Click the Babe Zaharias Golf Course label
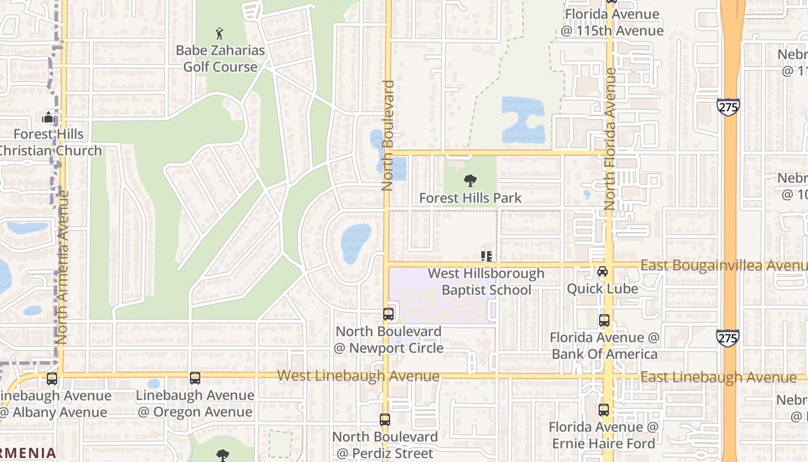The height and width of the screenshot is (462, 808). (220, 58)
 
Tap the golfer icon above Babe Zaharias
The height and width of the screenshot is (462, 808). (219, 33)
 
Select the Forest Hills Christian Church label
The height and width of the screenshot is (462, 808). (49, 142)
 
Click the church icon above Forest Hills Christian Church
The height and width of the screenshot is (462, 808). (48, 118)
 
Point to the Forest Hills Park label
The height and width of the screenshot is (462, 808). (470, 198)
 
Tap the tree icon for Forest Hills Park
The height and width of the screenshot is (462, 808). (470, 181)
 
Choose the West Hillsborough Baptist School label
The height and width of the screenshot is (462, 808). (486, 281)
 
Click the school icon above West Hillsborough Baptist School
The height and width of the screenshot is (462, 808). (486, 255)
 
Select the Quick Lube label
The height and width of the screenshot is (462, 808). (603, 289)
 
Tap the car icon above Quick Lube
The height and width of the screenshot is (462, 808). (603, 271)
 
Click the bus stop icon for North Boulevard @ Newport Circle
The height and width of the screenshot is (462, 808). (388, 314)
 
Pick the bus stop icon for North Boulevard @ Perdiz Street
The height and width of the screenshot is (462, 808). (385, 420)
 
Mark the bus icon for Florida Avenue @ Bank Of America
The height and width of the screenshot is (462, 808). (604, 320)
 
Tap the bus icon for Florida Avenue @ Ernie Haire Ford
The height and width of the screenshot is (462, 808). (604, 410)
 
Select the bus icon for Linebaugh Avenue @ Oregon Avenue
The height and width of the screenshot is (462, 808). (195, 378)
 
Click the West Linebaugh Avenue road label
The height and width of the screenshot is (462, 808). (358, 376)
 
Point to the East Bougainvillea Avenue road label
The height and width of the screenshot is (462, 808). (724, 265)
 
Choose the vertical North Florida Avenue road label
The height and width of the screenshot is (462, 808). (610, 139)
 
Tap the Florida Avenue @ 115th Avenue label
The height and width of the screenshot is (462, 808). (612, 23)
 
